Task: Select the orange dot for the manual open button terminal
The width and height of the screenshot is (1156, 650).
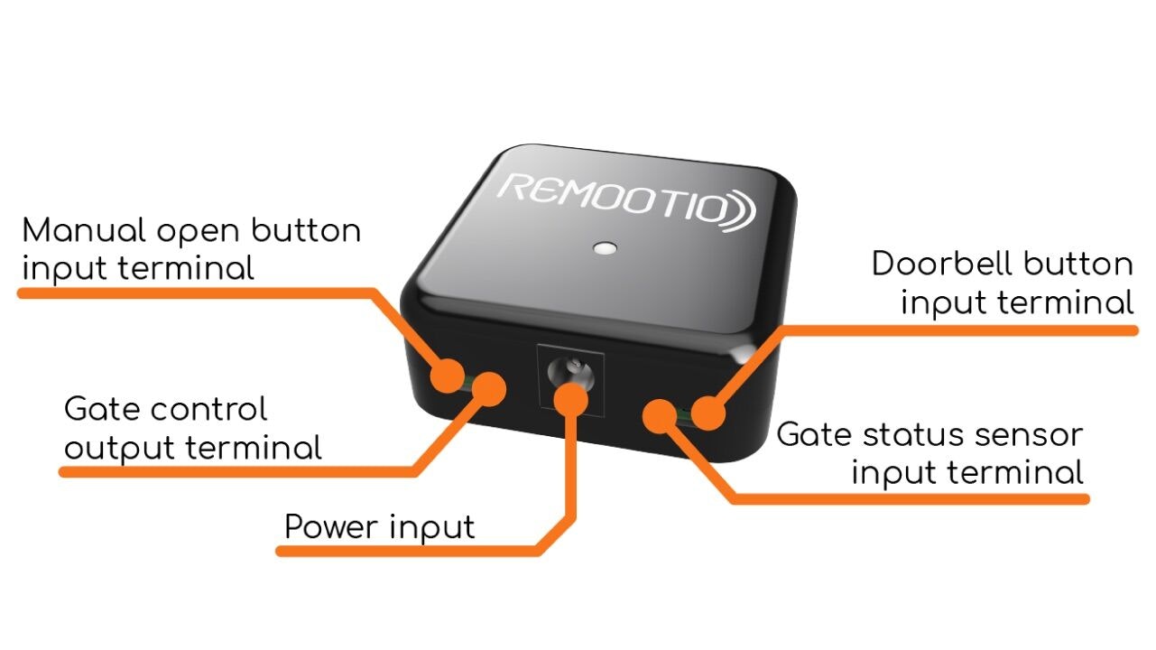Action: [447, 374]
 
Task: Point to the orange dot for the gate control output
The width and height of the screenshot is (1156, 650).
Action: [488, 388]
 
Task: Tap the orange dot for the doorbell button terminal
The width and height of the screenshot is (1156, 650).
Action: [708, 413]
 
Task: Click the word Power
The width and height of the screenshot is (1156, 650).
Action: [330, 526]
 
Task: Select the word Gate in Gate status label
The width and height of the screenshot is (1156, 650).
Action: [809, 435]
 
